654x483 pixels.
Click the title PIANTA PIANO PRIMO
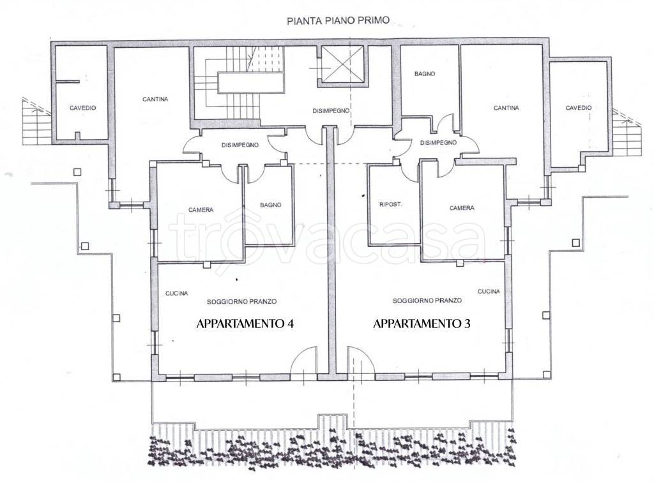(338, 21)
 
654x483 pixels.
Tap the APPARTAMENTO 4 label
(245, 323)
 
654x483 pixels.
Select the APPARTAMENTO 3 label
(422, 323)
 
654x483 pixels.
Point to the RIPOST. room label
(391, 205)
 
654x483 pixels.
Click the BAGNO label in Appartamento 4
(271, 205)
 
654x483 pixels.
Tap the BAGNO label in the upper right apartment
(425, 74)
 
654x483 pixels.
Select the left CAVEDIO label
(82, 108)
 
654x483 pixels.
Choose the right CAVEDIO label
(579, 108)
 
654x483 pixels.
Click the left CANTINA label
(155, 99)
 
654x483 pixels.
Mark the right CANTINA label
(506, 108)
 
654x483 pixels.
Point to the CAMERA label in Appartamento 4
(201, 210)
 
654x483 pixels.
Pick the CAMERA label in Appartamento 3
(462, 208)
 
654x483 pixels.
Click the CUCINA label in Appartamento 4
(176, 294)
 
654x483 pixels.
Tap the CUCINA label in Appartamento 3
(489, 292)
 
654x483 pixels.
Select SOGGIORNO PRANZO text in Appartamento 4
(242, 302)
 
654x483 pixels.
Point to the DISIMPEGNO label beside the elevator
(331, 111)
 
